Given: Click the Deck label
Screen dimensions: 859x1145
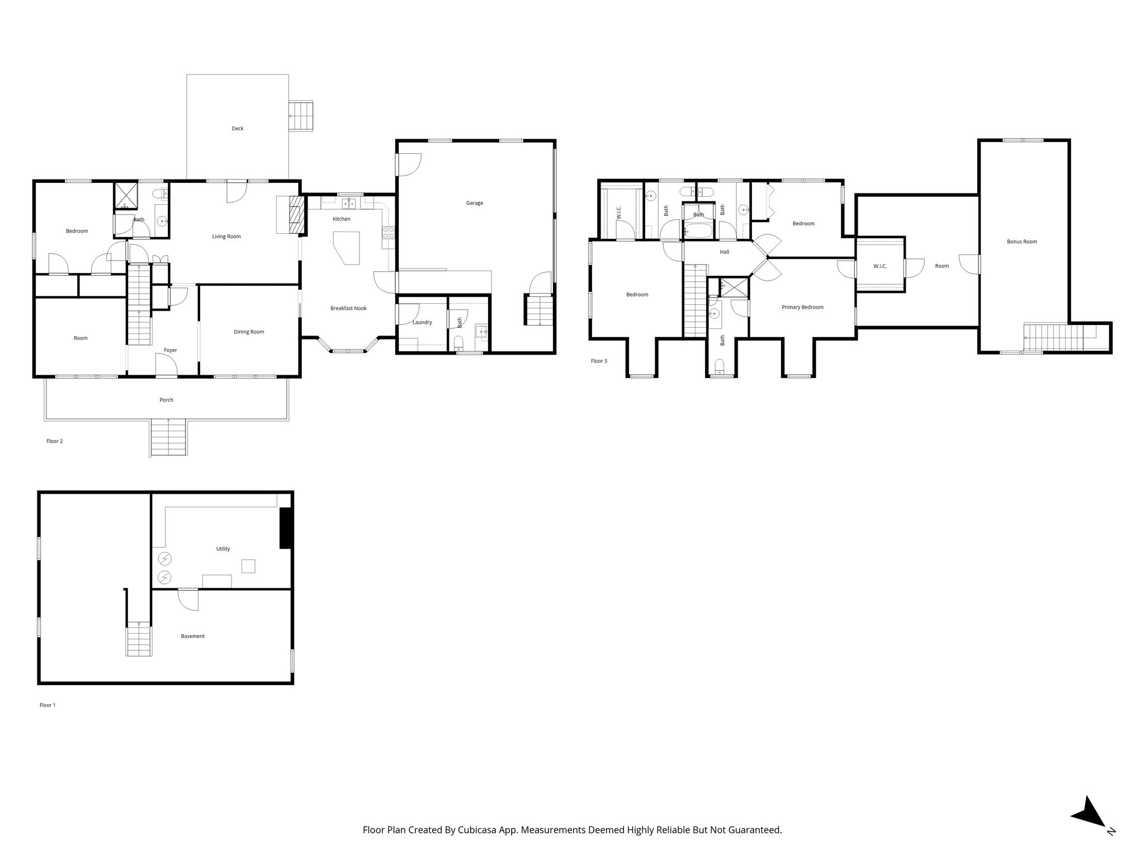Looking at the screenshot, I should pos(238,129).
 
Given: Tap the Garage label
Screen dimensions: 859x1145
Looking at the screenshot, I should pos(474,203).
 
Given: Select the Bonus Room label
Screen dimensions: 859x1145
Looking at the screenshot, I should pos(1021,242).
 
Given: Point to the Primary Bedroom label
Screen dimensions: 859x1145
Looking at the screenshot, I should pos(802,307).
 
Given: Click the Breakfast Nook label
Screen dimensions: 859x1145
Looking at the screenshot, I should pos(348,308).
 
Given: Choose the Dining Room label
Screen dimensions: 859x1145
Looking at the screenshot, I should pos(249,332).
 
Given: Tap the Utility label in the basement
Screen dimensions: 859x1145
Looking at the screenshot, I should pos(223,549).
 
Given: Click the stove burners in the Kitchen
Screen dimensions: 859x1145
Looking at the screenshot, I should pos(389,233).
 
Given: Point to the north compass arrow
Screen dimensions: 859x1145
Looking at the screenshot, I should pos(1087,828).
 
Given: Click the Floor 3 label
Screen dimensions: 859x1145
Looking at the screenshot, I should pos(599,361).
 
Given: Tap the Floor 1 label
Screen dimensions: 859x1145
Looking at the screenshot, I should pos(48,705).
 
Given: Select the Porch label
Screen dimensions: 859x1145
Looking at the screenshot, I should pos(166,400).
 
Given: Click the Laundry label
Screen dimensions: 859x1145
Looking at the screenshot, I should pos(422,322).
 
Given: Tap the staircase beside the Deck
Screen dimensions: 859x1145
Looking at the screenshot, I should pos(301,116).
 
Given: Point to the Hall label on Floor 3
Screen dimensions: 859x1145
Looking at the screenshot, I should pos(725,252).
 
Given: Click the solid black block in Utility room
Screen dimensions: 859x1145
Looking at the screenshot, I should pos(286,528).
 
